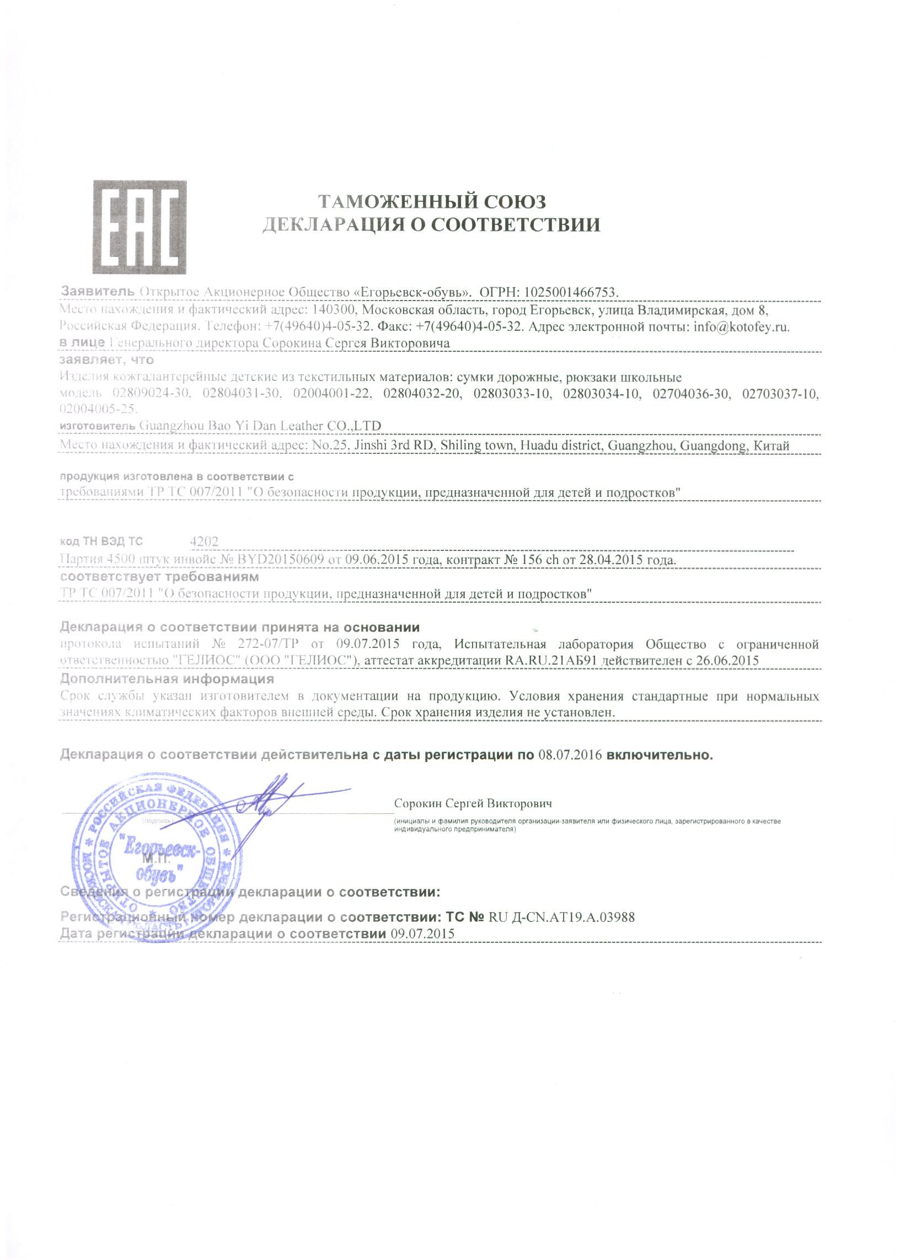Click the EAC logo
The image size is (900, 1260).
coord(139,227)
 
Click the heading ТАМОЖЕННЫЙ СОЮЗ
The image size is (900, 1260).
coord(431,201)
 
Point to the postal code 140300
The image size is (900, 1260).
coord(334,309)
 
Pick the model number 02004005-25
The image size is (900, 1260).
coord(97,410)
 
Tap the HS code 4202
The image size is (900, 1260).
coord(204,541)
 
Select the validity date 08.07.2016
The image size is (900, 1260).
coord(570,755)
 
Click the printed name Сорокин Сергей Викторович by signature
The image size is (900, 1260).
coord(473,803)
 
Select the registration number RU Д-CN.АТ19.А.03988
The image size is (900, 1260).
coord(561,917)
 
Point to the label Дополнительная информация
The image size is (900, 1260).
coord(167,679)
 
